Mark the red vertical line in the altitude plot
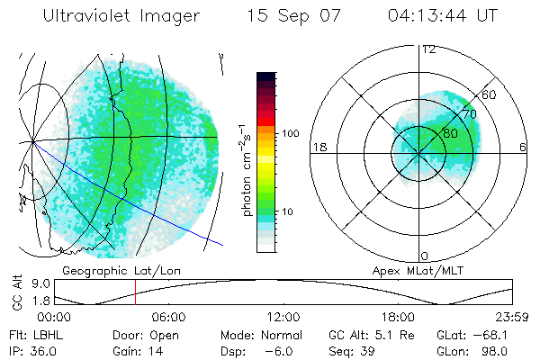(135, 292)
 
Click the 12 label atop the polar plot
(428, 49)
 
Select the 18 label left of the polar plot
(319, 147)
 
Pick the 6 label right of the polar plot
(523, 147)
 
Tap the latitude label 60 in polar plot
(490, 94)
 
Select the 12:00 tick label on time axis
(283, 317)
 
